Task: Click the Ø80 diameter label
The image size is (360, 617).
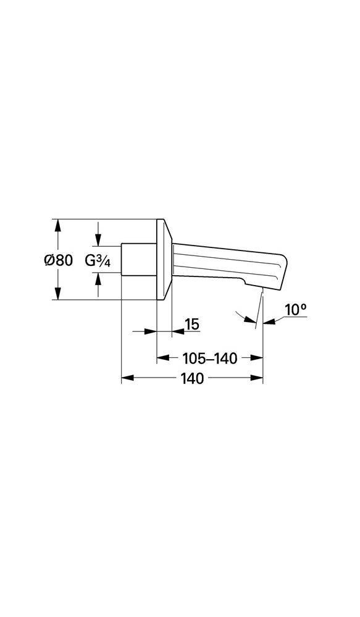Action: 59,260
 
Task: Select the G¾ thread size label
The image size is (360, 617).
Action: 97,260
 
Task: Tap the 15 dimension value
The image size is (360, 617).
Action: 192,324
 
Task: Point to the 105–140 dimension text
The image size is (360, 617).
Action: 210,358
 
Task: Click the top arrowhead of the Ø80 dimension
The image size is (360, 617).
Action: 59,225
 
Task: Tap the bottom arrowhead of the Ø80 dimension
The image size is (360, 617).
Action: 59,295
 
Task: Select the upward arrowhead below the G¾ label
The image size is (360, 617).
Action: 98,281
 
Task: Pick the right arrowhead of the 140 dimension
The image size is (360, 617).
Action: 257,379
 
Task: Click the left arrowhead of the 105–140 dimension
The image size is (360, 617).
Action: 162,358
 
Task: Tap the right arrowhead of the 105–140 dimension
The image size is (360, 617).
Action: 257,358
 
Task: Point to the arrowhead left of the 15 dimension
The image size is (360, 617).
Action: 150,332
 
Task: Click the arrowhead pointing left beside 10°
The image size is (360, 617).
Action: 269,321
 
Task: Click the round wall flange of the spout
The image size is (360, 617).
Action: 164,260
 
